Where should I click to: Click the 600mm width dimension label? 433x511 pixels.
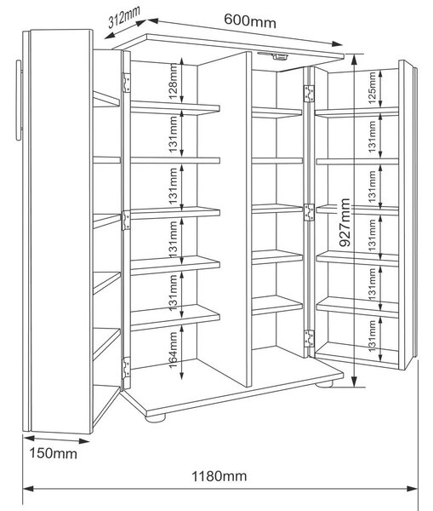pyautogui.click(x=250, y=20)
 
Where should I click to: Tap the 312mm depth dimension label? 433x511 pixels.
pyautogui.click(x=124, y=17)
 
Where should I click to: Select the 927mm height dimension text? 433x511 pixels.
pyautogui.click(x=345, y=222)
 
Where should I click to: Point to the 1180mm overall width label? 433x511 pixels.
pyautogui.click(x=219, y=476)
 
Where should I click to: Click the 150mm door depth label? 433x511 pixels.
pyautogui.click(x=54, y=453)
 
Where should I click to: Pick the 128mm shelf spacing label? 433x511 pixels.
pyautogui.click(x=173, y=81)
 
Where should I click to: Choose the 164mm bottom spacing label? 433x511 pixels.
pyautogui.click(x=174, y=350)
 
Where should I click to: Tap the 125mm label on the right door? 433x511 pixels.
pyautogui.click(x=372, y=88)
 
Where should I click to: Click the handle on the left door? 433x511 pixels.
pyautogui.click(x=20, y=100)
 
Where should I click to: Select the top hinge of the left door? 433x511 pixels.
pyautogui.click(x=126, y=83)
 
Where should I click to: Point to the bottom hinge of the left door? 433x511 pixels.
pyautogui.click(x=126, y=368)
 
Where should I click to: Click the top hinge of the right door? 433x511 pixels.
pyautogui.click(x=309, y=94)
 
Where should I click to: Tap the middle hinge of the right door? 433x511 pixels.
pyautogui.click(x=309, y=212)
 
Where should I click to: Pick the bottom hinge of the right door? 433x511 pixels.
pyautogui.click(x=309, y=339)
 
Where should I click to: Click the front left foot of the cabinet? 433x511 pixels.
pyautogui.click(x=156, y=417)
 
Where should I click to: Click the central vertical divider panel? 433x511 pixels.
pyautogui.click(x=225, y=219)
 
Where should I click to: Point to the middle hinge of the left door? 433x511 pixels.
pyautogui.click(x=126, y=221)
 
